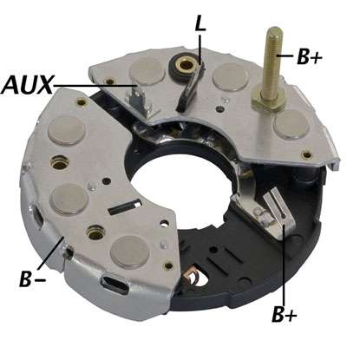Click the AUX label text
(27, 85)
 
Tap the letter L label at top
(200, 23)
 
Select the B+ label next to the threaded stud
(309, 56)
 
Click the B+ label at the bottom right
(285, 315)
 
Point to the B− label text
(32, 278)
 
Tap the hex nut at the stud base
(268, 101)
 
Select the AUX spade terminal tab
(135, 99)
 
